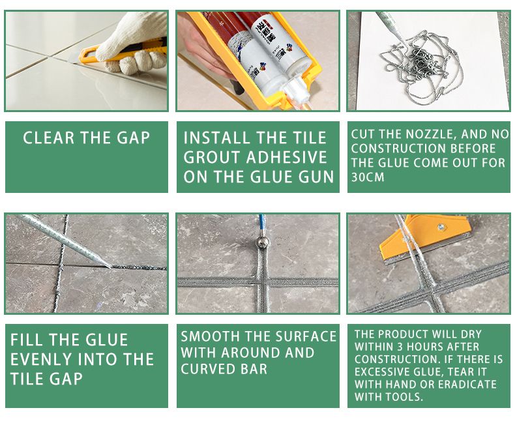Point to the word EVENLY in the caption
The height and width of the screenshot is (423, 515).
40,359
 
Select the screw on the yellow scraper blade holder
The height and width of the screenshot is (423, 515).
441,227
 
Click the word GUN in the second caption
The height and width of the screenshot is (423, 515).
317,177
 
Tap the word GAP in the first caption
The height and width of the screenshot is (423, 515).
132,138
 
